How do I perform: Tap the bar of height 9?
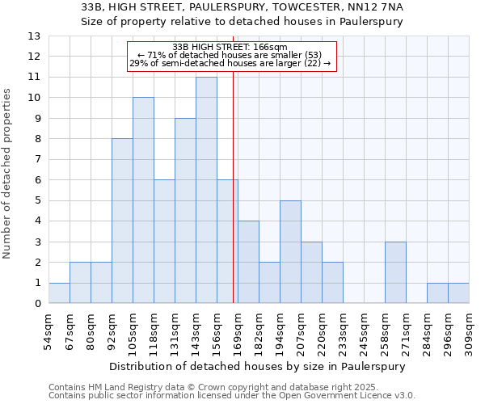point(185,211)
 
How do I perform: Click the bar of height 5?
point(290,252)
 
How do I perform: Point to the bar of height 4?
point(248,262)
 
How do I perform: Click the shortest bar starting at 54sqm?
point(59,293)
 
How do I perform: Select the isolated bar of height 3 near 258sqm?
point(395,272)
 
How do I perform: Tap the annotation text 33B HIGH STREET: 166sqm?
point(230,48)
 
